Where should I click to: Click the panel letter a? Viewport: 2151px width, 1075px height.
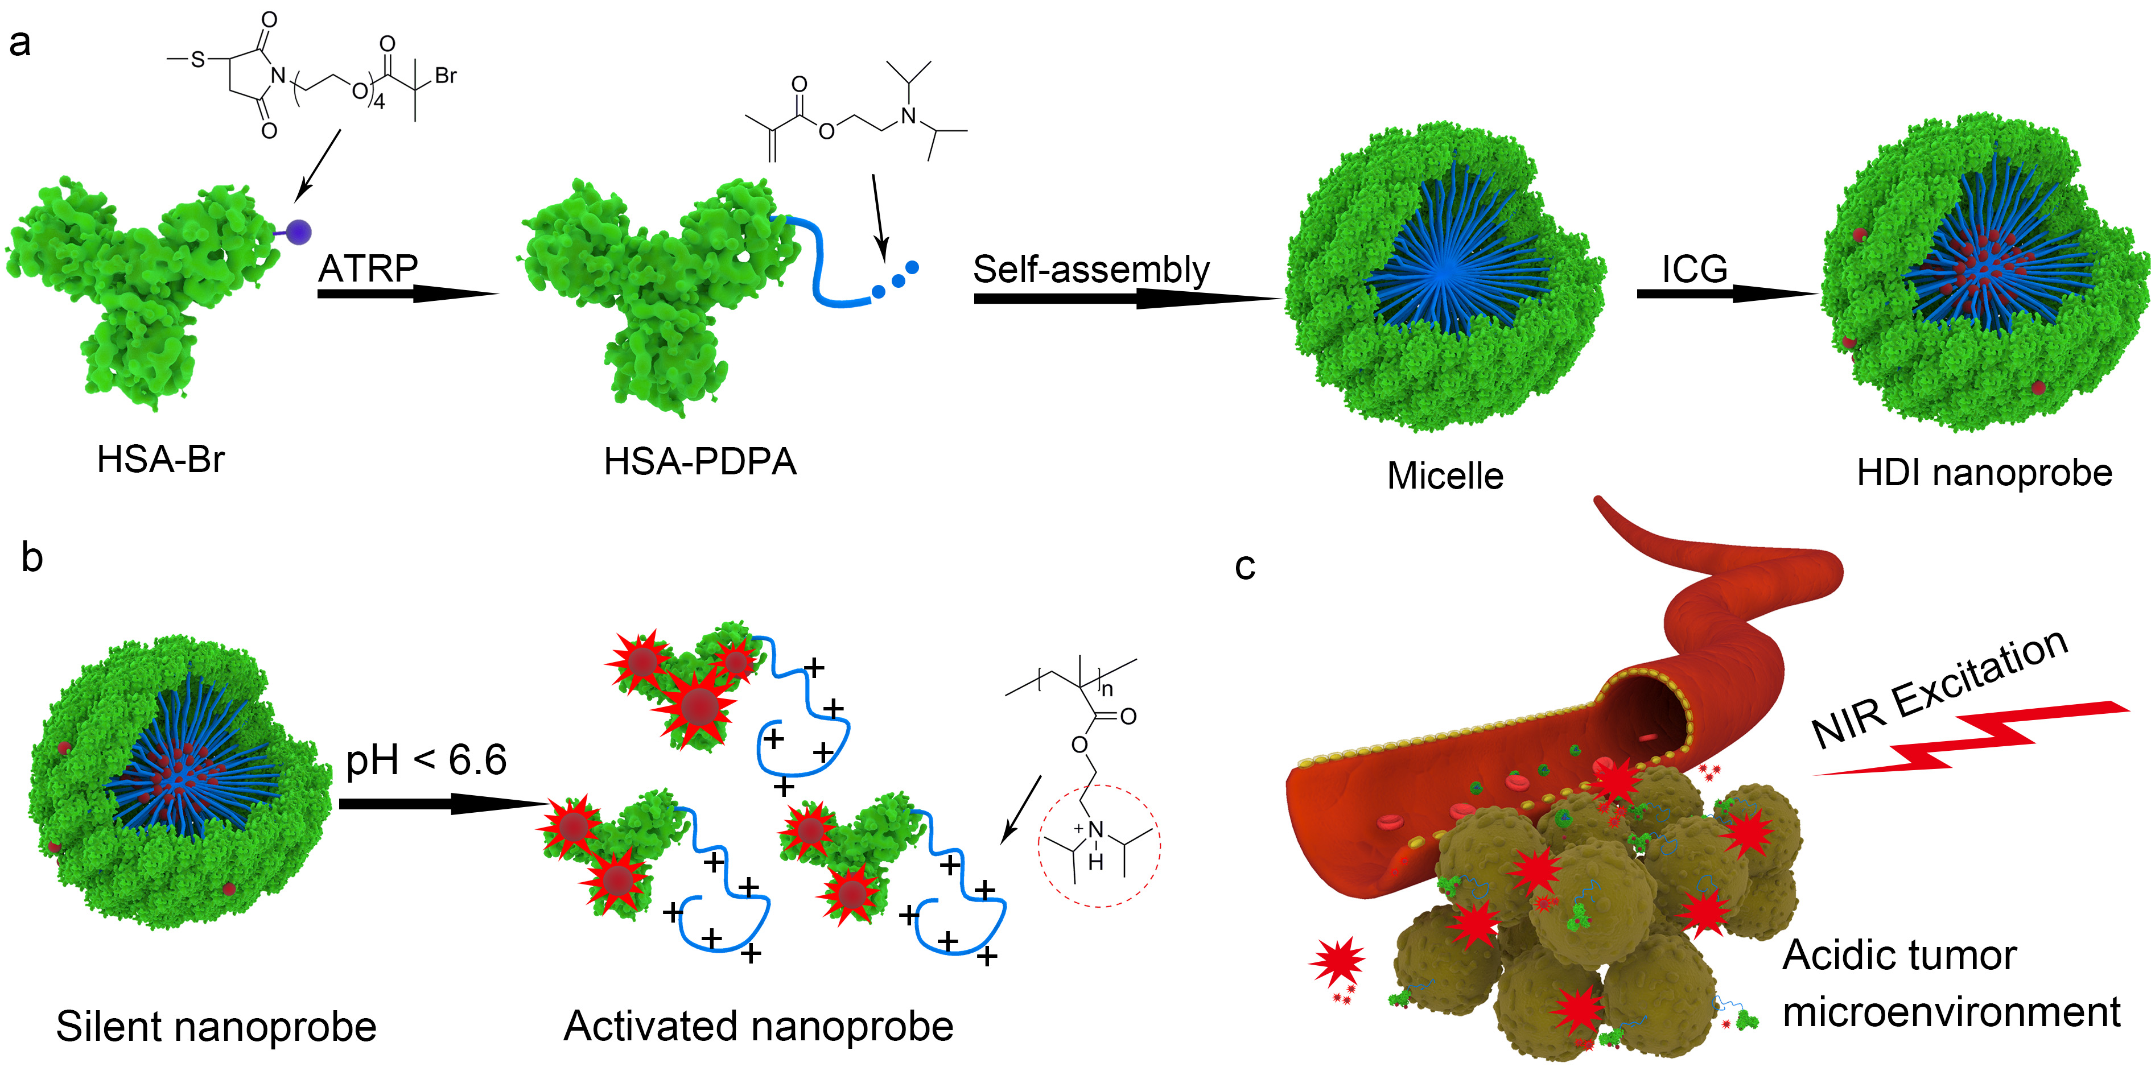tap(19, 43)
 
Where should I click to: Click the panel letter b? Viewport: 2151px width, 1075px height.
tap(32, 557)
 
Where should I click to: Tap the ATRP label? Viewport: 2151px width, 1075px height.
tap(368, 268)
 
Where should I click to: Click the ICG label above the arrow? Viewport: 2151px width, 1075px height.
tap(1694, 268)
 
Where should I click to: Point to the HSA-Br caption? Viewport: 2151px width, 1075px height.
tap(160, 459)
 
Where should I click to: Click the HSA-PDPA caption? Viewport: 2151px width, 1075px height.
tap(700, 461)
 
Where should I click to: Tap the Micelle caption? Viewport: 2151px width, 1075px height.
tap(1445, 476)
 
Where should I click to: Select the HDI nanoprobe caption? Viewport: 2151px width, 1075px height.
tap(1984, 473)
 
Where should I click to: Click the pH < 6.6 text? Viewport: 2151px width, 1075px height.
tap(426, 759)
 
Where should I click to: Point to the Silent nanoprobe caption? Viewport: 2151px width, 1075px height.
tap(216, 1027)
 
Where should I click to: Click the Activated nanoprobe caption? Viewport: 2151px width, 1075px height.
tap(758, 1027)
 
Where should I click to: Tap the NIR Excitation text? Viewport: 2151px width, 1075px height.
tap(1939, 689)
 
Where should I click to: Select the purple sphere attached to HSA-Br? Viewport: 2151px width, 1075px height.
tap(298, 232)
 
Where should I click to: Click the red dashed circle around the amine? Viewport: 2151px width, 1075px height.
tap(1099, 845)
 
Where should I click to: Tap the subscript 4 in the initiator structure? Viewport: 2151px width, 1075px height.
tap(378, 102)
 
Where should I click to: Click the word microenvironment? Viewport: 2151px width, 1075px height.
tap(1951, 1012)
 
